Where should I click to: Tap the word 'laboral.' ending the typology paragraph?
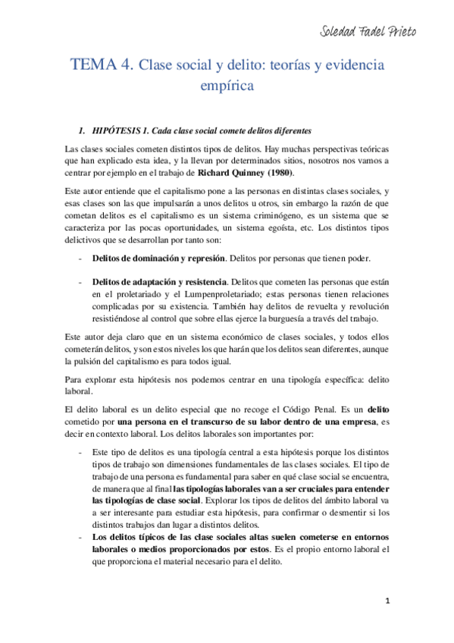pyautogui.click(x=78, y=392)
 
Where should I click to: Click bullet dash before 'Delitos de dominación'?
pyautogui.click(x=81, y=259)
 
